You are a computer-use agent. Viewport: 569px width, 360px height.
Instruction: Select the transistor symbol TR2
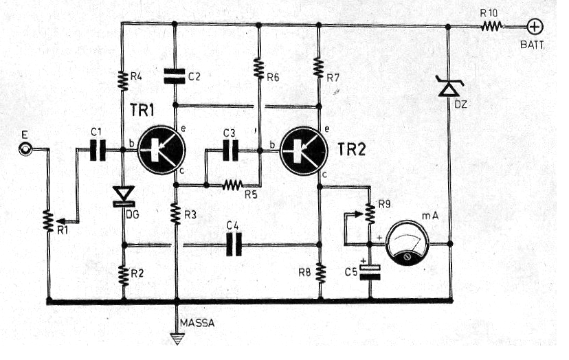click(x=304, y=150)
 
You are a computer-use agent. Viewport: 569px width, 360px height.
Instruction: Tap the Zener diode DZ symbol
click(x=449, y=86)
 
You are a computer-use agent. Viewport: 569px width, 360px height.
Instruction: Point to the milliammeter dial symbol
click(x=407, y=243)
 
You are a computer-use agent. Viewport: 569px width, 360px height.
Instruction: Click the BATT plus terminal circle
click(x=535, y=27)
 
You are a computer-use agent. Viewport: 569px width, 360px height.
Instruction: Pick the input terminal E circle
click(x=25, y=149)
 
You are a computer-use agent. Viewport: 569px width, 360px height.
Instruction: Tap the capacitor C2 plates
click(x=175, y=76)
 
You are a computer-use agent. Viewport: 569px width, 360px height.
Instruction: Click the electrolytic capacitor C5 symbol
click(x=370, y=272)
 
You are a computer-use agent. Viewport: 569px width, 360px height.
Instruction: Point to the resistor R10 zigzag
click(x=491, y=26)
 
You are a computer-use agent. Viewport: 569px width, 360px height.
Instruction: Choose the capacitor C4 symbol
click(x=234, y=245)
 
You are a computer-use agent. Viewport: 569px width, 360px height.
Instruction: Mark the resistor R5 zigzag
click(x=232, y=185)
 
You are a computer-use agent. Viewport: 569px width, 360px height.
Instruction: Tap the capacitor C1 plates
click(x=98, y=150)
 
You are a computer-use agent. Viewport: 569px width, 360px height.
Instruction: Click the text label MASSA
click(x=197, y=323)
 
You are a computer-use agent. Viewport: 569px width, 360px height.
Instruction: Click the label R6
click(x=273, y=78)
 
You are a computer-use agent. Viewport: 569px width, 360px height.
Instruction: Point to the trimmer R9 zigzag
click(x=370, y=214)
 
